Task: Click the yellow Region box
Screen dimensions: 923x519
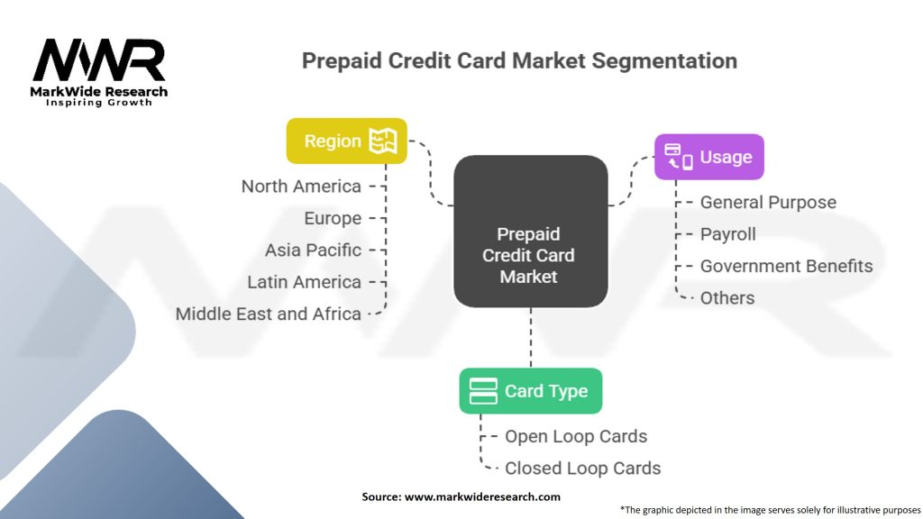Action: click(x=347, y=141)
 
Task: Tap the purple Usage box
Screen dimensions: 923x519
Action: click(x=709, y=157)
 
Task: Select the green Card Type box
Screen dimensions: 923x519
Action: click(x=531, y=391)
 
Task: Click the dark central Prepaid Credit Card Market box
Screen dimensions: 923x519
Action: click(x=531, y=232)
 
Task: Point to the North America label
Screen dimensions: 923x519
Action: click(x=301, y=187)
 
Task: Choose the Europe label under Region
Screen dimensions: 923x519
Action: click(x=333, y=219)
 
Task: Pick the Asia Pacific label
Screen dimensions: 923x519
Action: click(x=313, y=250)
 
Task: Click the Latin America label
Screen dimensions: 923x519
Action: click(x=304, y=282)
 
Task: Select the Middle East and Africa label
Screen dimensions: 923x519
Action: click(x=269, y=314)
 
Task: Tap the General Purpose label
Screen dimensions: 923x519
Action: click(x=768, y=203)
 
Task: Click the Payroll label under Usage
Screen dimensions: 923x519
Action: click(x=727, y=235)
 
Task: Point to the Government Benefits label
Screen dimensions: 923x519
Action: click(x=786, y=266)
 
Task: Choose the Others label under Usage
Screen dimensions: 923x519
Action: click(x=727, y=298)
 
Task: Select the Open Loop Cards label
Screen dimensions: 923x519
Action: click(x=576, y=437)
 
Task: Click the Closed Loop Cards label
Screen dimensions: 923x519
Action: click(x=583, y=469)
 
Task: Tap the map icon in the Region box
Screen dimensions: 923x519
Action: click(x=383, y=141)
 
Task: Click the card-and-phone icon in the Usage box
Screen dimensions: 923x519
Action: click(x=679, y=157)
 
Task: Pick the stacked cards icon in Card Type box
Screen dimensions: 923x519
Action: click(x=483, y=391)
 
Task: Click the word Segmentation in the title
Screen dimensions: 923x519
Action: click(x=664, y=61)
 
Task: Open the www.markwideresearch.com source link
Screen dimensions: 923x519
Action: click(x=482, y=497)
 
